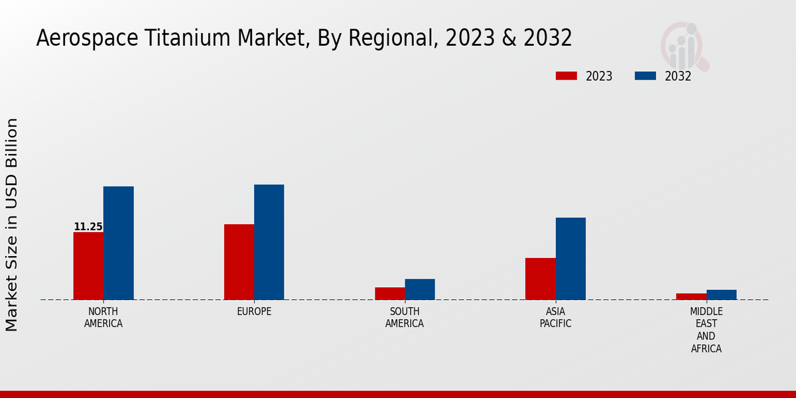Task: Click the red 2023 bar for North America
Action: click(x=88, y=266)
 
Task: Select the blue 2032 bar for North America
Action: click(x=118, y=243)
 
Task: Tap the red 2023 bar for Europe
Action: click(x=239, y=262)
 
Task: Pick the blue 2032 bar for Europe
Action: click(x=269, y=242)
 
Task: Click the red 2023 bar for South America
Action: click(x=389, y=293)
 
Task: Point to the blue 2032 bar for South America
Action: click(x=420, y=289)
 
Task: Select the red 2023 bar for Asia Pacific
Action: click(x=540, y=279)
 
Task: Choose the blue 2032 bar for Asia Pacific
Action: click(x=570, y=259)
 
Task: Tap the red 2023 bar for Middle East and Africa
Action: click(x=691, y=297)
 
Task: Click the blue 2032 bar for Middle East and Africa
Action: click(x=721, y=295)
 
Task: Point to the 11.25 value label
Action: click(x=88, y=227)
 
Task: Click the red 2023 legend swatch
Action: click(x=566, y=76)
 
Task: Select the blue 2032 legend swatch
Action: click(x=645, y=76)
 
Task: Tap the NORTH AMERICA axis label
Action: click(x=103, y=318)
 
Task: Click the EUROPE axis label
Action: click(x=254, y=312)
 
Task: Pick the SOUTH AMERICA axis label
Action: click(x=405, y=318)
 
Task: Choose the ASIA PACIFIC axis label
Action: click(x=555, y=318)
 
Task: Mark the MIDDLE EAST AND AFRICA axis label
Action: click(x=706, y=330)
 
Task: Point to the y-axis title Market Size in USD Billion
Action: click(x=12, y=224)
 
